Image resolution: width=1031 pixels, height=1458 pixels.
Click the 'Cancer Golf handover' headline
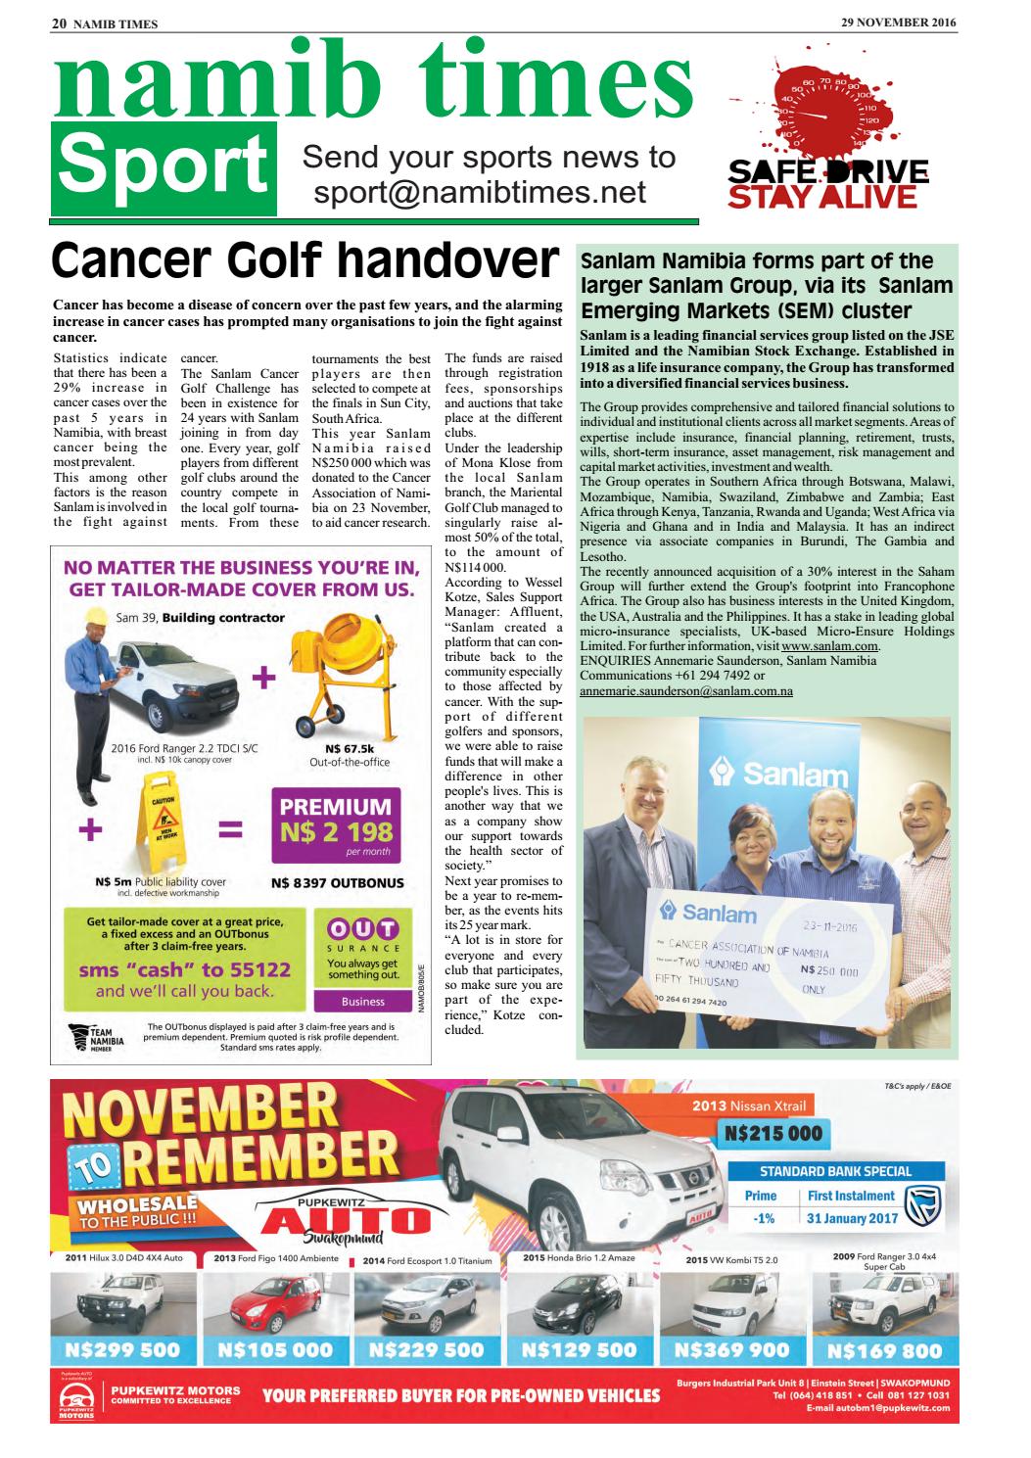coord(305,263)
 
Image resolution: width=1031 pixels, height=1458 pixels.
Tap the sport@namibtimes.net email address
coord(479,192)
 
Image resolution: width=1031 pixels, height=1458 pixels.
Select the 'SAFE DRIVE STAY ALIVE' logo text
coord(828,184)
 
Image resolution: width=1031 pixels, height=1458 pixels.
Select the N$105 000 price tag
coord(287,1349)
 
